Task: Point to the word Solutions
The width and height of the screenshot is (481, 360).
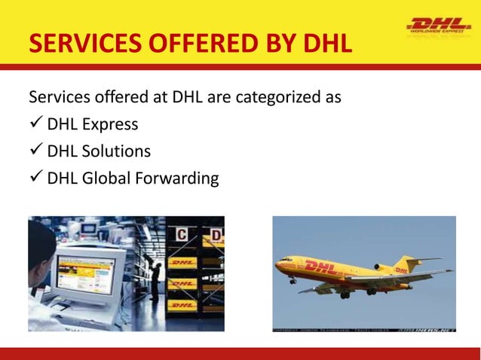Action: click(117, 151)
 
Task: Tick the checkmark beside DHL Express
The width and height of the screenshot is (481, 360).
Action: click(35, 124)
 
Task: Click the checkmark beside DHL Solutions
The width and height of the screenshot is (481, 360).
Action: click(35, 151)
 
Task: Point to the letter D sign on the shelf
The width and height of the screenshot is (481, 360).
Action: click(215, 235)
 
